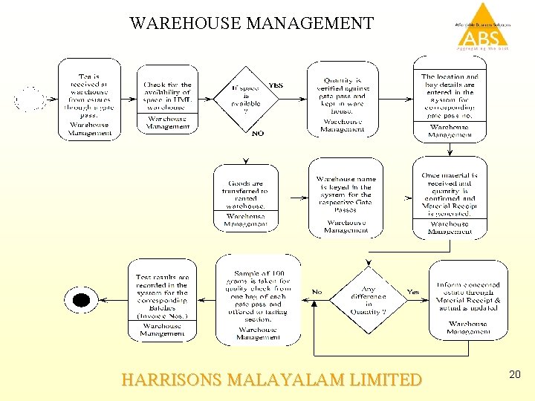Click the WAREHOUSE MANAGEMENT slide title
pos(251,23)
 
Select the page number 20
pos(515,376)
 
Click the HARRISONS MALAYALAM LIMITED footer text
pos(271,380)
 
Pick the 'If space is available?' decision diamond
pos(247,97)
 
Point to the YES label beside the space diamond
pos(276,85)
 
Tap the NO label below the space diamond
pos(258,134)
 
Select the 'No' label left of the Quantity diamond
pos(317,292)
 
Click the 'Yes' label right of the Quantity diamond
pos(413,292)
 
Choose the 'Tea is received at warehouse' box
pos(89,98)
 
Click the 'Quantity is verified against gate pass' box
pos(343,99)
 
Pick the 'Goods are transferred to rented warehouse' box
pos(245,198)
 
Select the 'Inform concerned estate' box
pos(468,299)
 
